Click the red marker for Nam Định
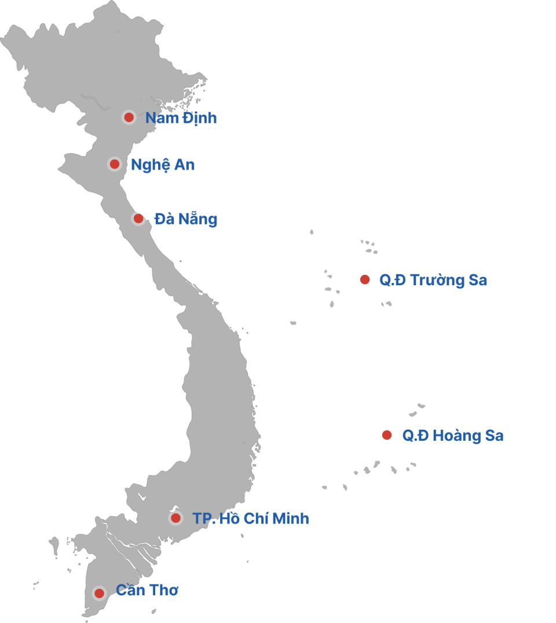coord(129,117)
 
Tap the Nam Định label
coord(181,118)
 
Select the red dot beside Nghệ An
coord(114,164)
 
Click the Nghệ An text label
coord(162,165)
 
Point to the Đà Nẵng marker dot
coord(138,218)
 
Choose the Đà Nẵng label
coord(185,219)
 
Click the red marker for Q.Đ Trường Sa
coord(364,280)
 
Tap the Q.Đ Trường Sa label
coord(433,281)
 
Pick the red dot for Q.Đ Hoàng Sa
coord(386,435)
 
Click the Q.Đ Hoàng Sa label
coord(452,436)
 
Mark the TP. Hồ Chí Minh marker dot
coord(175,518)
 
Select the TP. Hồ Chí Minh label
coord(251,519)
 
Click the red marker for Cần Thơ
coord(99,593)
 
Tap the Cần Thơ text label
coord(147,591)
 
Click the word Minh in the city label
coord(290,519)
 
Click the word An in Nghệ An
coord(185,165)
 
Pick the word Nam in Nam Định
coord(159,118)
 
